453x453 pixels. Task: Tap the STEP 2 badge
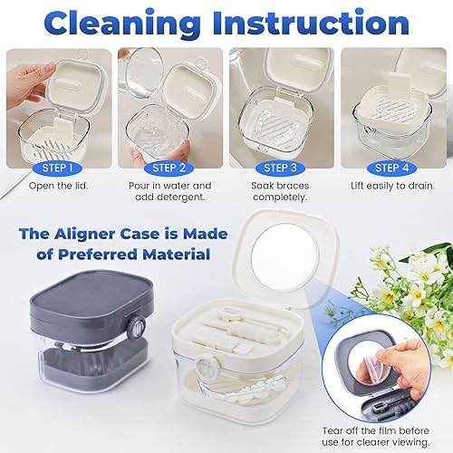[169, 168]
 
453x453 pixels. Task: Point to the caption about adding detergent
[169, 192]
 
